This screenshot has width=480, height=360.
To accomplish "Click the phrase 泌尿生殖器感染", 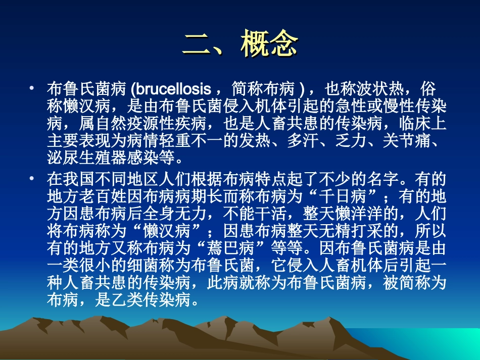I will click(108, 161).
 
